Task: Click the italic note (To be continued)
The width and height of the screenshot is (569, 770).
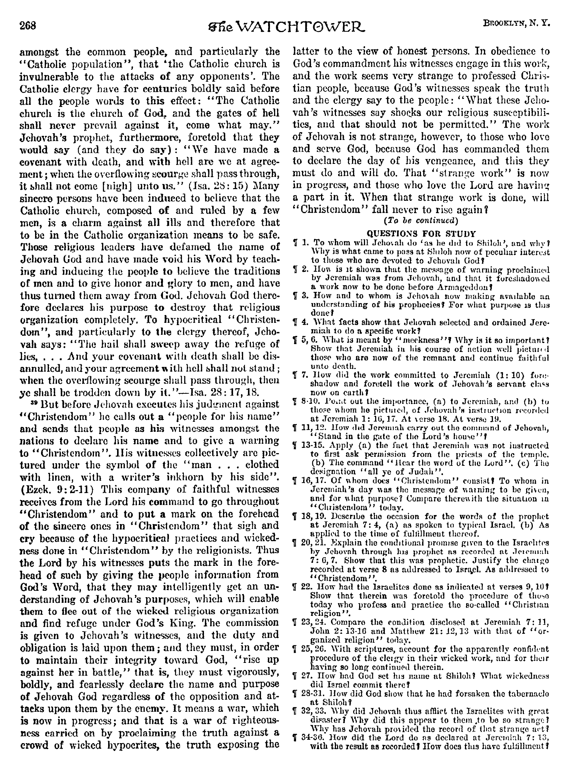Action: tap(420, 220)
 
